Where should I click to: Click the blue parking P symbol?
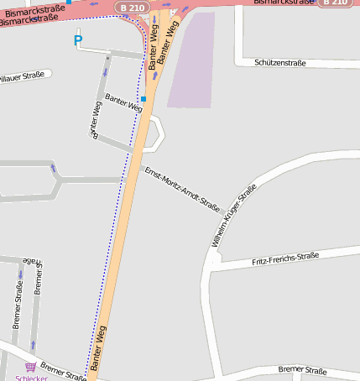[78, 39]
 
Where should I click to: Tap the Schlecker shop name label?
[32, 377]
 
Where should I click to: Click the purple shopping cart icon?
[31, 367]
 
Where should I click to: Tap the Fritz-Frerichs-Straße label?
[285, 259]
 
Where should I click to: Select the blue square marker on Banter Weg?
[143, 99]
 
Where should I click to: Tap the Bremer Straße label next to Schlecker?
[63, 371]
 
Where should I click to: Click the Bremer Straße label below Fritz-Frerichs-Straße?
[302, 370]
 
